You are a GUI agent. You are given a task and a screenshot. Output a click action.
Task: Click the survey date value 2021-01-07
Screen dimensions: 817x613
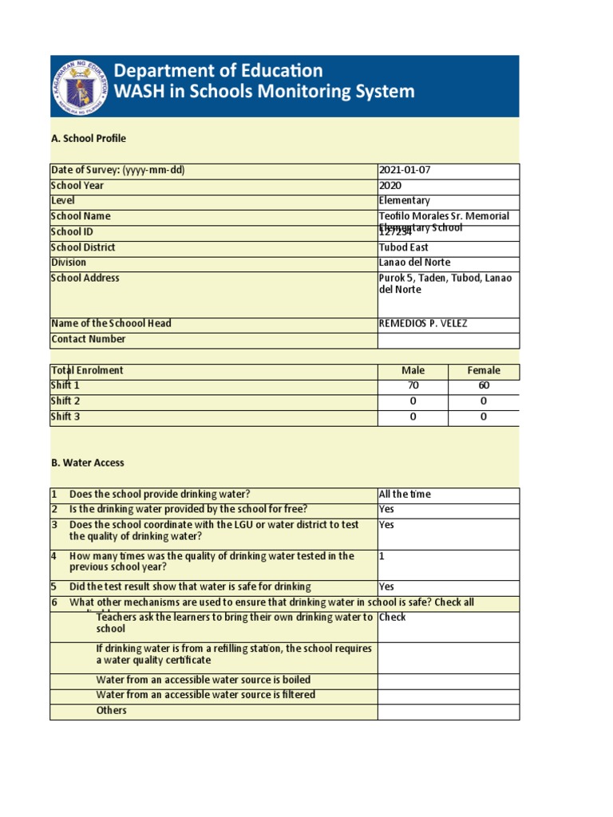click(405, 171)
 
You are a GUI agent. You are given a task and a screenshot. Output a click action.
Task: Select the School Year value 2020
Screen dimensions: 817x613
click(391, 186)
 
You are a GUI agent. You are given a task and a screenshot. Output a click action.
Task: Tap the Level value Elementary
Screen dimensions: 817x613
click(404, 201)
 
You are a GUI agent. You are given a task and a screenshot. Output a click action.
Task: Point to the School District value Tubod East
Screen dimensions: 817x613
click(403, 248)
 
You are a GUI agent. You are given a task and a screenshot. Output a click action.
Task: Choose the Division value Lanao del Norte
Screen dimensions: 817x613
click(414, 262)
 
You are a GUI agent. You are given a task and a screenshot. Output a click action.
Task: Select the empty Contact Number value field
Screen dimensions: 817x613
click(448, 340)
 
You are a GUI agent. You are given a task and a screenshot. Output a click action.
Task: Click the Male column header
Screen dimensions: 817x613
click(413, 371)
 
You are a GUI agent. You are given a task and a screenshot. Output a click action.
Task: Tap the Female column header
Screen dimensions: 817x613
click(484, 371)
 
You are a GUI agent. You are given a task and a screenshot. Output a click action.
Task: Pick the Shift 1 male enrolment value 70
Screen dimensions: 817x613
click(413, 386)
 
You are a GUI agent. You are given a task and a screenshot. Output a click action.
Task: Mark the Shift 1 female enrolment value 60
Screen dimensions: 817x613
click(484, 386)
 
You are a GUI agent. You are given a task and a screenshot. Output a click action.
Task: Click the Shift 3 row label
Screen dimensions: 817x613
click(65, 417)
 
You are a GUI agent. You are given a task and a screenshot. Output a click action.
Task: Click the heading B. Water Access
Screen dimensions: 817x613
click(88, 463)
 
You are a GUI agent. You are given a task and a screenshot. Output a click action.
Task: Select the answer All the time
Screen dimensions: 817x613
click(405, 495)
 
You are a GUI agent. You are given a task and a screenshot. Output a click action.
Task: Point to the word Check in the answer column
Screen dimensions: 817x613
click(393, 618)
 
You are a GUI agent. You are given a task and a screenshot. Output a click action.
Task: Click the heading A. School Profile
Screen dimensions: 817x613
click(88, 139)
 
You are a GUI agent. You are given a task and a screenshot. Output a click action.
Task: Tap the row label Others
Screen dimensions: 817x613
click(111, 711)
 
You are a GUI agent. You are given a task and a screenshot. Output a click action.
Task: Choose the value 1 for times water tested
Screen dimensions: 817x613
click(382, 557)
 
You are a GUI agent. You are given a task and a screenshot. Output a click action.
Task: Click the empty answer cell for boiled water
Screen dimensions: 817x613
click(448, 681)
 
